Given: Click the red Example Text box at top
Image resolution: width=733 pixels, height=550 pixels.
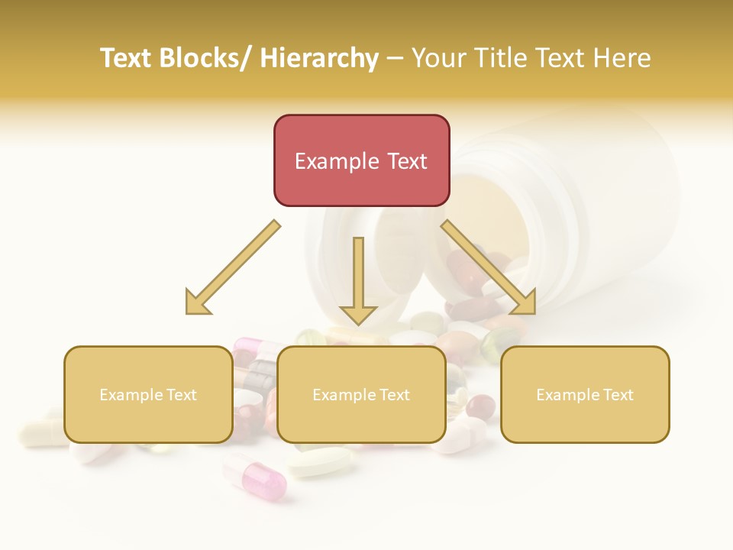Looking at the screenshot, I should (361, 160).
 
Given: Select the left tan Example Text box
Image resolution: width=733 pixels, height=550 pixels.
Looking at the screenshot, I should (148, 394).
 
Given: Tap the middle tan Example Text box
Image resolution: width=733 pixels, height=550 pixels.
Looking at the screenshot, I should (361, 394).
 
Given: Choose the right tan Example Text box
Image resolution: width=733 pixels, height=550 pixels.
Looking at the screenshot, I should (585, 394).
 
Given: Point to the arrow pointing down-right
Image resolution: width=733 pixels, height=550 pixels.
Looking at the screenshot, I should (489, 267).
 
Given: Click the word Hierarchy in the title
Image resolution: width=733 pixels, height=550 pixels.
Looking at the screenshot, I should (319, 58).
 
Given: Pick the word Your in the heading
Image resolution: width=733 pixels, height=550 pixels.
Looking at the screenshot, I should (438, 58).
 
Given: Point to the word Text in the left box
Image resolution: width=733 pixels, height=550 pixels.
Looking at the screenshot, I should (182, 395).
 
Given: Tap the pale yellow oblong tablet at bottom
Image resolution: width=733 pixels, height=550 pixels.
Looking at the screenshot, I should (321, 462).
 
